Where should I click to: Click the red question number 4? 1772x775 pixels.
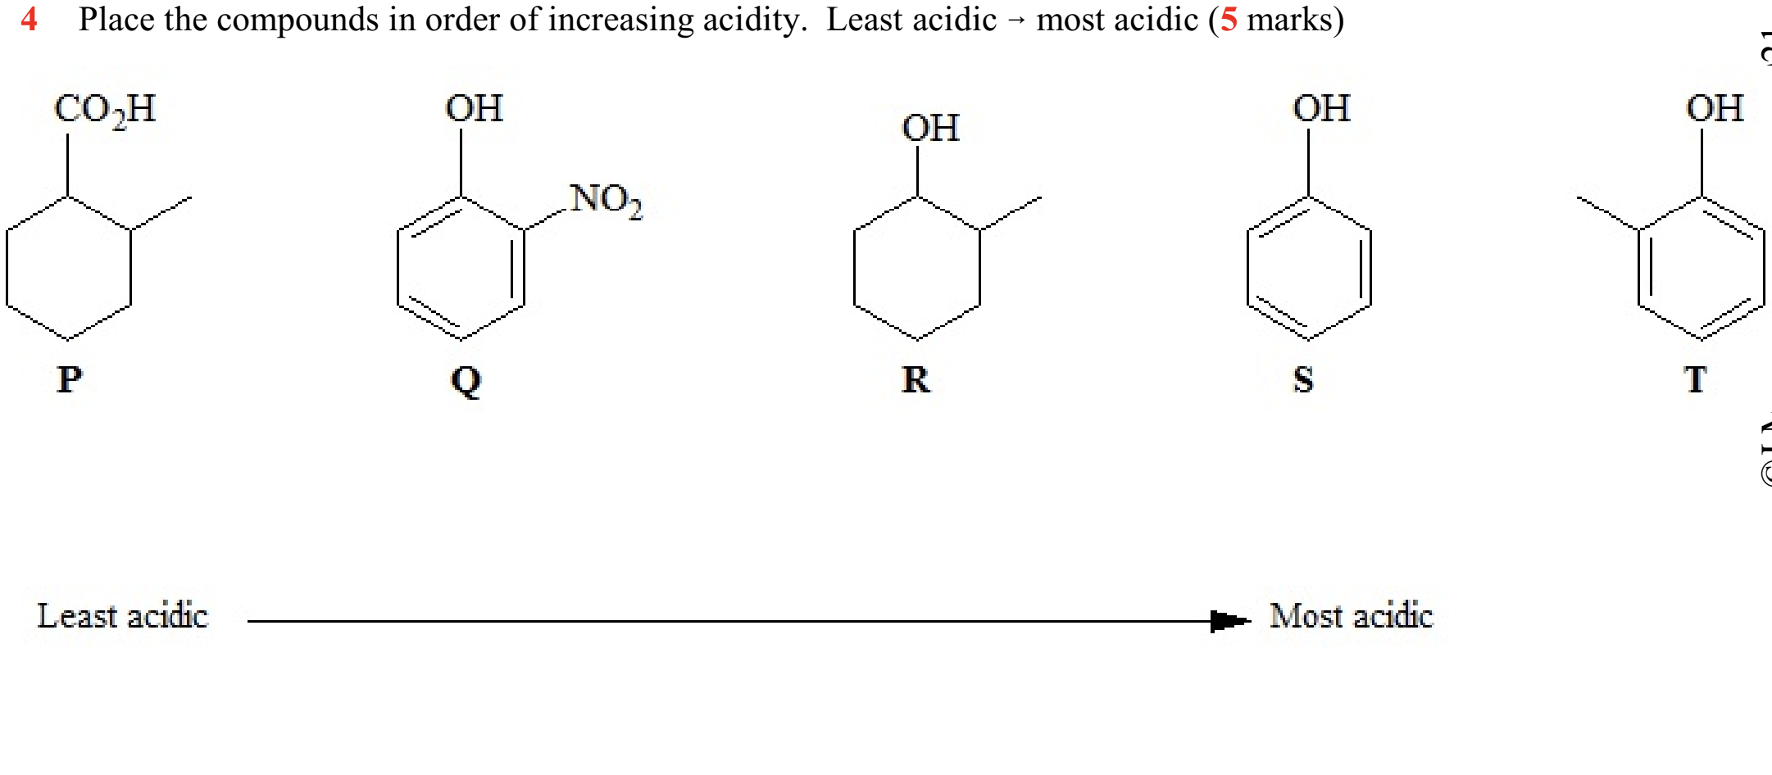pyautogui.click(x=29, y=19)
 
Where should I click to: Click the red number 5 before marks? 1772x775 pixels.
pyautogui.click(x=1229, y=19)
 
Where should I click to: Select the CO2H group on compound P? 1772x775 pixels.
pyautogui.click(x=105, y=109)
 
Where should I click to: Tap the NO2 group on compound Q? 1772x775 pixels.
pyautogui.click(x=607, y=199)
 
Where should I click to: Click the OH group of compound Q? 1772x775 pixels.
pyautogui.click(x=474, y=108)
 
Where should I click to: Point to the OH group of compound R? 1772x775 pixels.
pyautogui.click(x=930, y=128)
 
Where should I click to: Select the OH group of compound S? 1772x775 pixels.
pyautogui.click(x=1321, y=108)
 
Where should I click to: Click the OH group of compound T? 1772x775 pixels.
pyautogui.click(x=1715, y=108)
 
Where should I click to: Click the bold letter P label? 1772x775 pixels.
pyautogui.click(x=70, y=379)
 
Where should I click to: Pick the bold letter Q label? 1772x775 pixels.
pyautogui.click(x=466, y=380)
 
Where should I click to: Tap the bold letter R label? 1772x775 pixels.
pyautogui.click(x=916, y=379)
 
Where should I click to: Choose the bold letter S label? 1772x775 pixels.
pyautogui.click(x=1303, y=379)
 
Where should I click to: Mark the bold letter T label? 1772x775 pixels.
pyautogui.click(x=1695, y=379)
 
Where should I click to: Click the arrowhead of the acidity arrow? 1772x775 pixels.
pyautogui.click(x=1229, y=621)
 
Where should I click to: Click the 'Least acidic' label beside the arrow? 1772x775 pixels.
pyautogui.click(x=123, y=616)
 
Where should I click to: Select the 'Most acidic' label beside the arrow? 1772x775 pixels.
pyautogui.click(x=1351, y=616)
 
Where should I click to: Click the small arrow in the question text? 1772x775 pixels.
pyautogui.click(x=1016, y=21)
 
